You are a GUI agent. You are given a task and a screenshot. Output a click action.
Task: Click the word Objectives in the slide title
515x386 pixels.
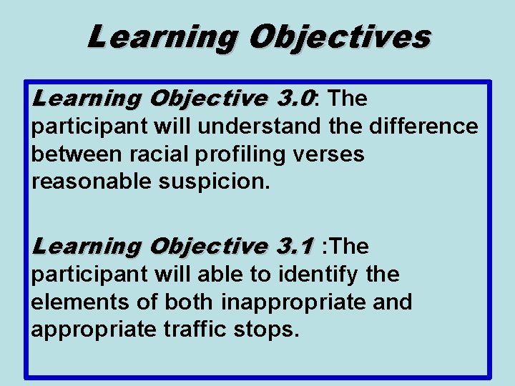[338, 36]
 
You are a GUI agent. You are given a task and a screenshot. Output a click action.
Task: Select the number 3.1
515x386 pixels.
[294, 247]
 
